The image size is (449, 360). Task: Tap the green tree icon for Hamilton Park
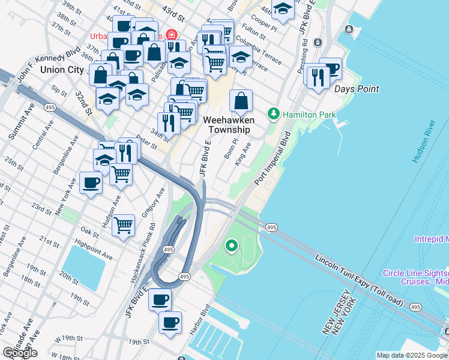[274, 113]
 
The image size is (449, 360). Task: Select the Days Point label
[356, 89]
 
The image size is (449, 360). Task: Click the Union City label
[62, 70]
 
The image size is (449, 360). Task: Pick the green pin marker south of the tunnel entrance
[231, 245]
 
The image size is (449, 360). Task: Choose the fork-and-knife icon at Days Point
[316, 76]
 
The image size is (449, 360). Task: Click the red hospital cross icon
[172, 34]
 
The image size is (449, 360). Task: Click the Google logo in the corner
[20, 353]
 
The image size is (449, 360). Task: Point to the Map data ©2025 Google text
[412, 355]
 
